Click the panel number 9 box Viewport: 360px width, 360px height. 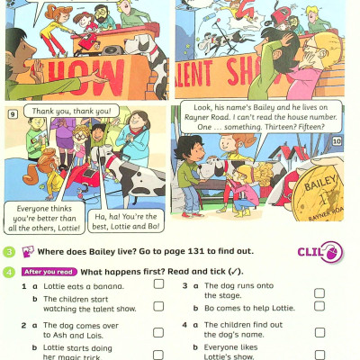point(13,114)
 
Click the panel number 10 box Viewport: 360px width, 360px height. point(337,140)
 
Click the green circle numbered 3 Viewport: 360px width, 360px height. point(9,252)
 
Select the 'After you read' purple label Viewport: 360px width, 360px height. point(49,272)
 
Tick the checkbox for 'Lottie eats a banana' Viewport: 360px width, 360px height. point(158,283)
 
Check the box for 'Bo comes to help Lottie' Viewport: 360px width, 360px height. point(319,306)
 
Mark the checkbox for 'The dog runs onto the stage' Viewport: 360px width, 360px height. point(319,292)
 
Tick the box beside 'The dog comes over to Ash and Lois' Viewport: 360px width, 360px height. point(158,332)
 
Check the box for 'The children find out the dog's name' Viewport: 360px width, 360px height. point(319,332)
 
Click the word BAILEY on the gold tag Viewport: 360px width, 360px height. point(319,183)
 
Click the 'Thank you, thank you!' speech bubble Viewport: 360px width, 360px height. point(71,112)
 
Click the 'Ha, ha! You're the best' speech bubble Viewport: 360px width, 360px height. point(126,221)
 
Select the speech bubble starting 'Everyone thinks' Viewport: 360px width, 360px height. point(44,218)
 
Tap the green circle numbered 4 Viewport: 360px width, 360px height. point(9,272)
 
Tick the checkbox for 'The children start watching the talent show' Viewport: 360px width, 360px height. point(158,306)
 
